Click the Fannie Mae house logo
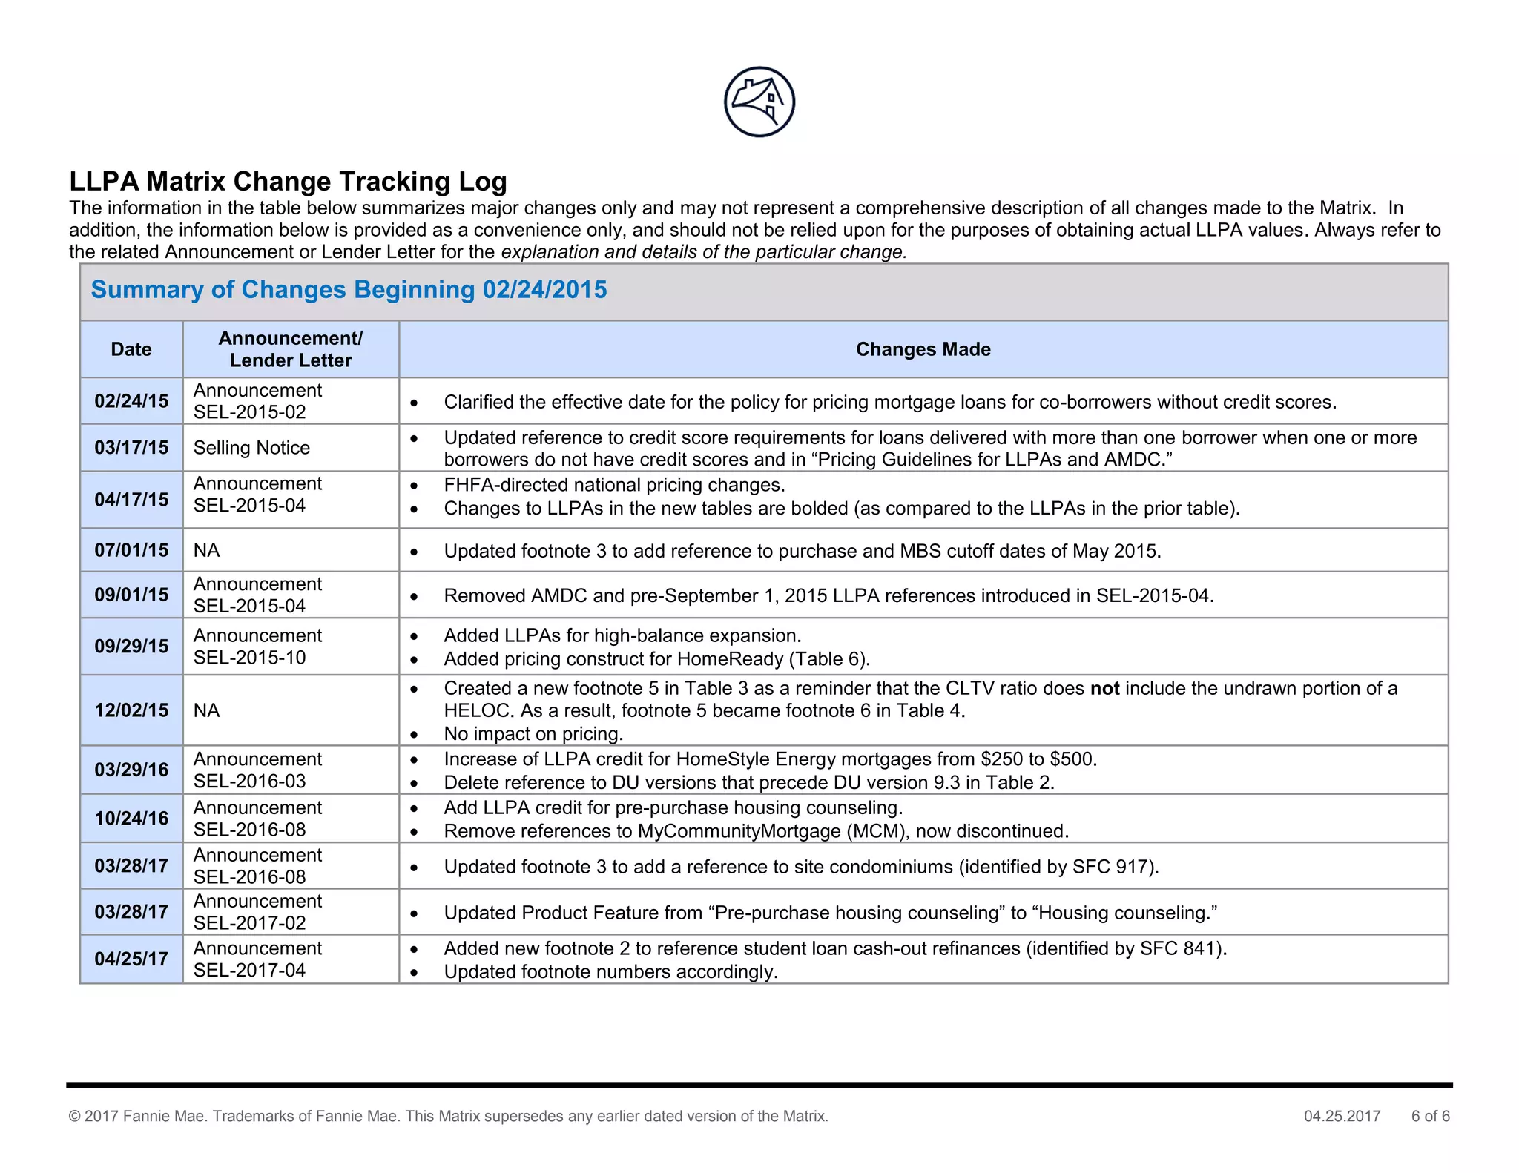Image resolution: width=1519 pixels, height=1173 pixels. click(x=759, y=102)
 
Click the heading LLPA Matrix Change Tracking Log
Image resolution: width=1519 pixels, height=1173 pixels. click(x=288, y=181)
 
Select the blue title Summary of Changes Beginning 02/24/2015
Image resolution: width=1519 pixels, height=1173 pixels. click(x=349, y=289)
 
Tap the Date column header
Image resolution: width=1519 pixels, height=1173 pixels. click(x=131, y=349)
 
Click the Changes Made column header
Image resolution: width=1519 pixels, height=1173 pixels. click(x=923, y=349)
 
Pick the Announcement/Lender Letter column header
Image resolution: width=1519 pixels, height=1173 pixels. click(x=291, y=349)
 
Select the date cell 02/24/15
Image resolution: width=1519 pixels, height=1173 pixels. click(x=131, y=401)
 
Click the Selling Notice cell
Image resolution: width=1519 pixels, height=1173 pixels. click(x=251, y=448)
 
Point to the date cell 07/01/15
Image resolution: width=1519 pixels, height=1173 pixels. click(x=131, y=550)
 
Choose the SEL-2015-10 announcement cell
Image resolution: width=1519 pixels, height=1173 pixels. click(x=257, y=647)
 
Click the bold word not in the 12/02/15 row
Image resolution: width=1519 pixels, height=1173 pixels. click(x=1104, y=689)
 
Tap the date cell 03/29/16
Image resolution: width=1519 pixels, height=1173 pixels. click(x=131, y=770)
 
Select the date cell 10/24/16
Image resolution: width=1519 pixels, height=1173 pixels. click(x=131, y=819)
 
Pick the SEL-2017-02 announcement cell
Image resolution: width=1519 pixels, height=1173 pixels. click(x=257, y=912)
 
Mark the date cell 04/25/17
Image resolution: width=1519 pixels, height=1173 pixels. click(x=131, y=959)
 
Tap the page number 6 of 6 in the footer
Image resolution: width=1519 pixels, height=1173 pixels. click(x=1430, y=1116)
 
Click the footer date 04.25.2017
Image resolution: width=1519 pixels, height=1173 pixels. click(x=1342, y=1116)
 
